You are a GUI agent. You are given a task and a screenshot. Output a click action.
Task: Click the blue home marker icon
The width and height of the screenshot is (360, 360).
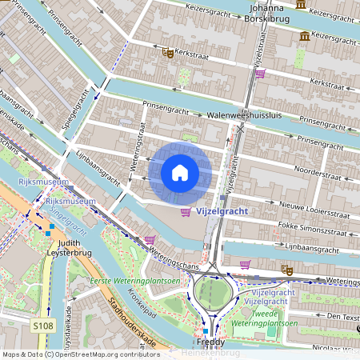click(180, 173)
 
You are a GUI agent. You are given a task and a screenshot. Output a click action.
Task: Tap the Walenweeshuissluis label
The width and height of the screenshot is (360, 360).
click(246, 115)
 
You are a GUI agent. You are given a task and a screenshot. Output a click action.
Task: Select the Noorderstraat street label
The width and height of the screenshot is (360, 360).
click(320, 171)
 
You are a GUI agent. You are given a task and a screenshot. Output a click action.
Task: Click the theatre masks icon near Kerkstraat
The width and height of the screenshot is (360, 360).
click(168, 53)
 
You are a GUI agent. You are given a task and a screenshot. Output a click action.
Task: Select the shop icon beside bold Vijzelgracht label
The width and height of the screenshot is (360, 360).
click(186, 211)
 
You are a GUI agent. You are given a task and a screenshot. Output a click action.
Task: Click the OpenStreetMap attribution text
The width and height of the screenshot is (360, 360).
click(80, 354)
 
